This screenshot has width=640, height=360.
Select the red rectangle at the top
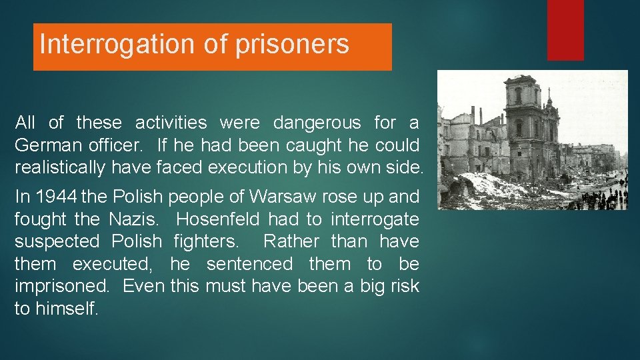click(565, 30)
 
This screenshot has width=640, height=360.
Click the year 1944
click(56, 197)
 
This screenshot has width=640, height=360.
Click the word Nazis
click(136, 219)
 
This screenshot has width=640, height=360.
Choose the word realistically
click(59, 168)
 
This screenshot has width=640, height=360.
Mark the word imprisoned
click(63, 286)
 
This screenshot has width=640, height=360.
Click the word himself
click(66, 309)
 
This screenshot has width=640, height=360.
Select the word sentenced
click(249, 264)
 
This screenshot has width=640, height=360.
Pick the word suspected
click(56, 241)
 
